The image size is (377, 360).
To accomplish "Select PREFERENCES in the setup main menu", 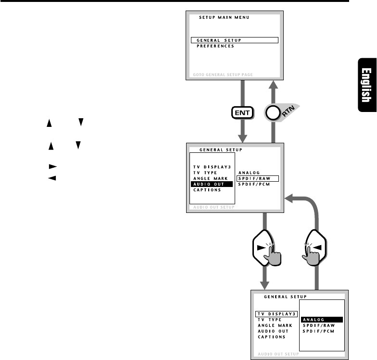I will pos(215,47).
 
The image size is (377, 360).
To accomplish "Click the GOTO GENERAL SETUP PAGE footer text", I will pos(222,75).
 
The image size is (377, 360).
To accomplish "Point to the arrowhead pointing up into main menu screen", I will pos(273,85).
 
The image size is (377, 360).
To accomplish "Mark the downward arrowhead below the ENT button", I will pos(242,138).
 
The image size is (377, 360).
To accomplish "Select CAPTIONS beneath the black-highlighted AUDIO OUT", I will pos(207,190).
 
